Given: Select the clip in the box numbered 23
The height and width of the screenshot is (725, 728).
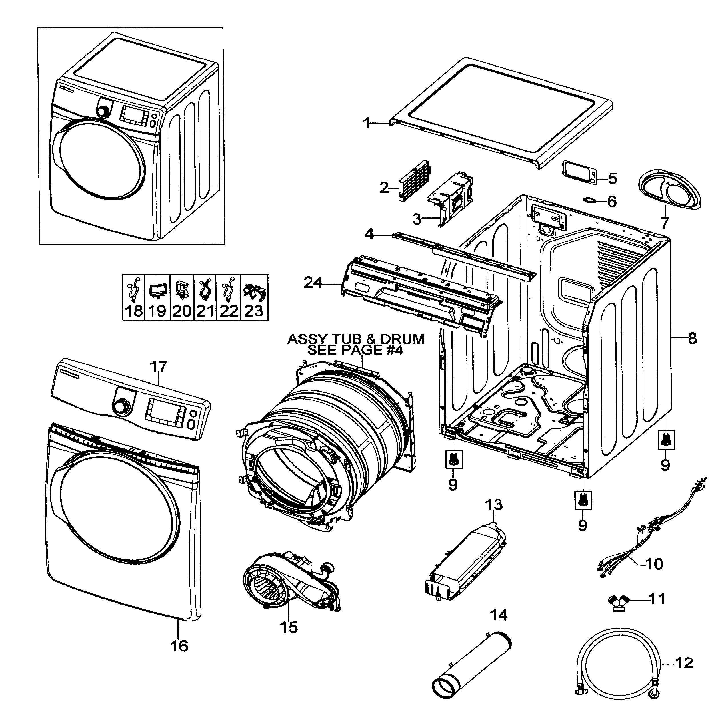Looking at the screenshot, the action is point(254,291).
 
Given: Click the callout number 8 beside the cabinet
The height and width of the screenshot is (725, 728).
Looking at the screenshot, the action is point(692,339).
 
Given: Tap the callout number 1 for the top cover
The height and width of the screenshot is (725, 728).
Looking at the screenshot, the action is point(367,124).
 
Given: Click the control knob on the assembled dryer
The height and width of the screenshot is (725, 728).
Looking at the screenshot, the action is point(104,110).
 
